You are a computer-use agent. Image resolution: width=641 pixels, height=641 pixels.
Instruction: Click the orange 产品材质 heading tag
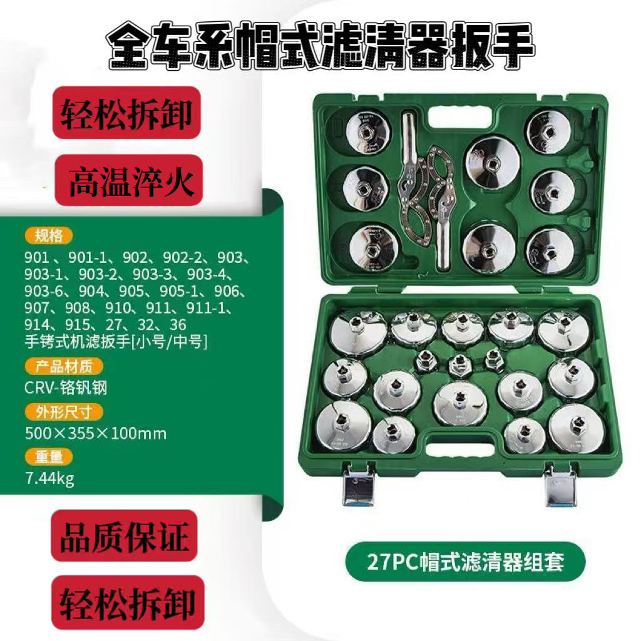pos(63,366)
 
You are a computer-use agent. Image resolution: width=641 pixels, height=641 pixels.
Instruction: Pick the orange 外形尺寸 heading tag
pos(63,411)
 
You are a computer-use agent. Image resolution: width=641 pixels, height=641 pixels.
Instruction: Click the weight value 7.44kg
pos(49,479)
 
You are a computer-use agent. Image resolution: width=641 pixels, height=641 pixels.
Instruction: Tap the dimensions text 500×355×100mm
pos(96,433)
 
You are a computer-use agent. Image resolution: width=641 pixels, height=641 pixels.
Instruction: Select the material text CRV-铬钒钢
pos(66,387)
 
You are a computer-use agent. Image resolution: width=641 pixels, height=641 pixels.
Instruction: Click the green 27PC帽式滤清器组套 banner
pos(465,561)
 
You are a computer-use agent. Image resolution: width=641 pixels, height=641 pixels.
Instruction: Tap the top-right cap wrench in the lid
pos(548,131)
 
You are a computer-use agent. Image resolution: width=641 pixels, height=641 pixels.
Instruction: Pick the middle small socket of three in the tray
pos(460,363)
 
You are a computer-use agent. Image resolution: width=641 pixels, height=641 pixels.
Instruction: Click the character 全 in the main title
pos(131,46)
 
